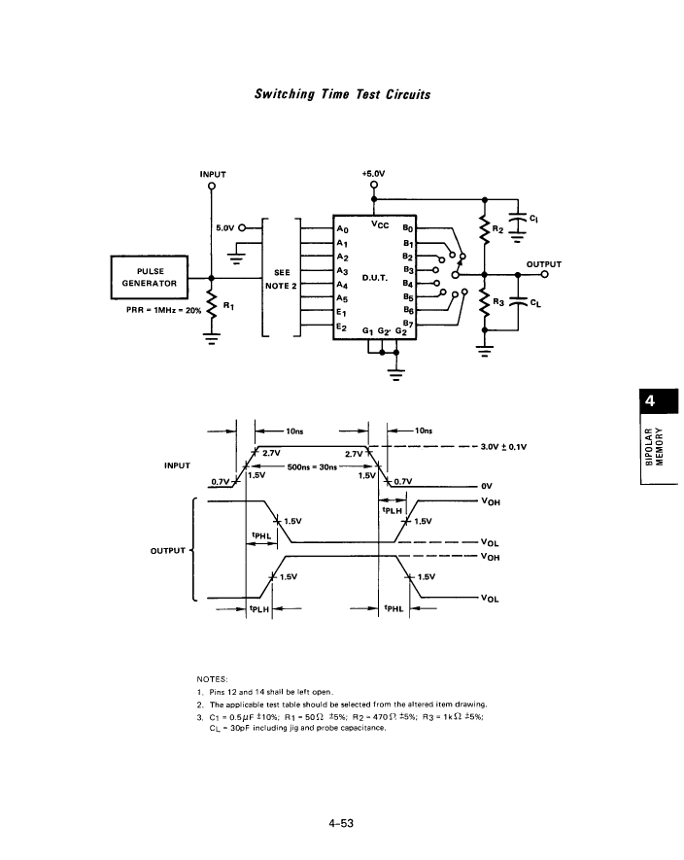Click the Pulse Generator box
(x=150, y=277)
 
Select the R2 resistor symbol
(x=484, y=229)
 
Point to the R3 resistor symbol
(x=484, y=302)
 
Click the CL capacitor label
(x=534, y=303)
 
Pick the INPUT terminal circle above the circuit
(x=212, y=186)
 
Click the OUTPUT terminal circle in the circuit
(x=544, y=274)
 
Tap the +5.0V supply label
(x=373, y=173)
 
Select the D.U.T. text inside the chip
(x=375, y=278)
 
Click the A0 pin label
(x=342, y=229)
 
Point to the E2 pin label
(x=342, y=327)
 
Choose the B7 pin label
(x=408, y=325)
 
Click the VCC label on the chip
(x=380, y=224)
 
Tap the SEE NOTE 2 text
(x=282, y=279)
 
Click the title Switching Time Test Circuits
(x=342, y=94)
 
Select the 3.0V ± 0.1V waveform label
(x=503, y=446)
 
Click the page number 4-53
(x=341, y=823)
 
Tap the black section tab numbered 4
(x=659, y=401)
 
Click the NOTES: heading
(x=212, y=679)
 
